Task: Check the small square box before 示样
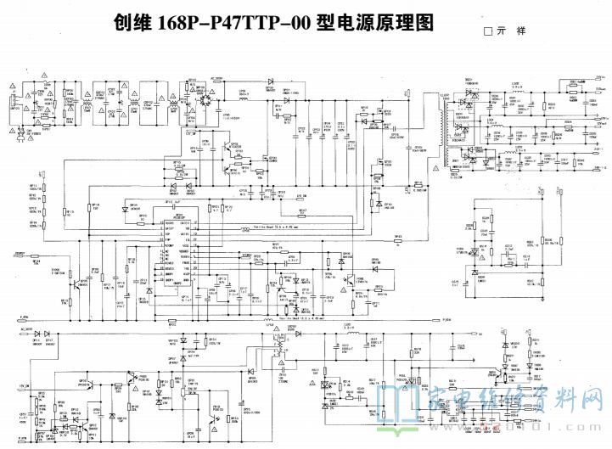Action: point(487,31)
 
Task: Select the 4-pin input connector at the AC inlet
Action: point(14,107)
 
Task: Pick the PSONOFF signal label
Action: point(19,254)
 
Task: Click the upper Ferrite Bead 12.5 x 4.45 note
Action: point(259,228)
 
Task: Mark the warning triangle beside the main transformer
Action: point(436,170)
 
